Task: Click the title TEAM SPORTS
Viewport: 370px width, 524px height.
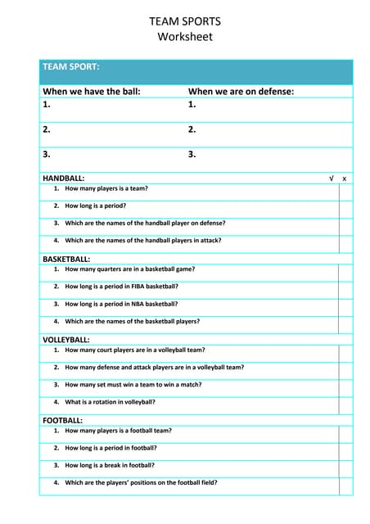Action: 185,21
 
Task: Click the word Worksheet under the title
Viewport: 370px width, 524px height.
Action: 185,37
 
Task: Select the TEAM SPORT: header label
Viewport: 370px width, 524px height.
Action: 70,66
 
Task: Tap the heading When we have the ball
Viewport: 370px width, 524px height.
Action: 92,92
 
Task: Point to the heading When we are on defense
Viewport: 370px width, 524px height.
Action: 241,92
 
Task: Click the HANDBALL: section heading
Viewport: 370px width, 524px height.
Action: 63,178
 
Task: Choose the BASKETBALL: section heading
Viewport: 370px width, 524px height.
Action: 66,259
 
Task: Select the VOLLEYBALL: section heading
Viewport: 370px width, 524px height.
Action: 66,339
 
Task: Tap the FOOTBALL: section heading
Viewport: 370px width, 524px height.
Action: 62,420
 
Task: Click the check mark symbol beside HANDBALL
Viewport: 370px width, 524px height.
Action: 331,178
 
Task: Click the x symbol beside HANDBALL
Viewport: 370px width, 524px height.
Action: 345,178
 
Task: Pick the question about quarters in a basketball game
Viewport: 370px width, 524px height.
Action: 129,269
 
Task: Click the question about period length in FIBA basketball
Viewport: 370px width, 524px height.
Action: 121,287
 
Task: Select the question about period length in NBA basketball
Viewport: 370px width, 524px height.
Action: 121,304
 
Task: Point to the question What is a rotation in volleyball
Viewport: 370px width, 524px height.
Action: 110,402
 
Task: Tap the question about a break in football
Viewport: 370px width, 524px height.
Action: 110,465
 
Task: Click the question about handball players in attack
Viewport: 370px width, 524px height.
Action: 142,241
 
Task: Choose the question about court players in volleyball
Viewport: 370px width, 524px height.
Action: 134,350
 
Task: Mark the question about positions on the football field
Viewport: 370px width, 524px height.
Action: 141,482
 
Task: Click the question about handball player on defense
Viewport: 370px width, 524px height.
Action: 145,223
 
